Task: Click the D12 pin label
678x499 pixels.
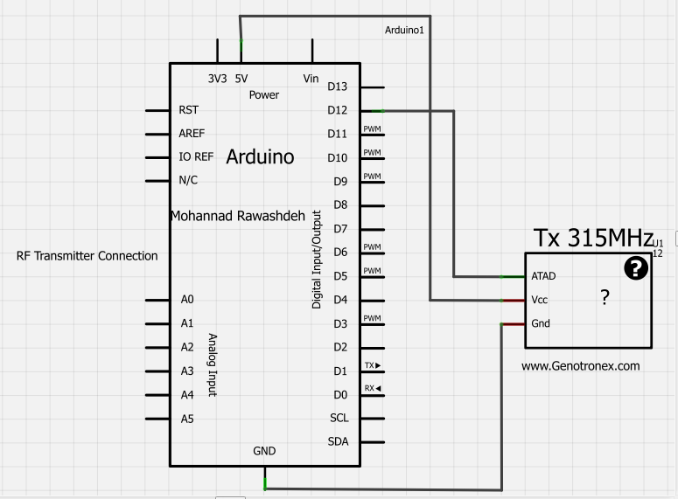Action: pyautogui.click(x=337, y=110)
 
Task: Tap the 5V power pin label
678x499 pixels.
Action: pyautogui.click(x=241, y=78)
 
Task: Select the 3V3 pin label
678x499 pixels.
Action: pyautogui.click(x=217, y=78)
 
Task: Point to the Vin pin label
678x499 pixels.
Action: pyautogui.click(x=311, y=78)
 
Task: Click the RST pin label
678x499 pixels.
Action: pyautogui.click(x=188, y=110)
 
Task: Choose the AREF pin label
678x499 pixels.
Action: pyautogui.click(x=192, y=134)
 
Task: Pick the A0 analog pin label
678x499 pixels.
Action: pyautogui.click(x=187, y=299)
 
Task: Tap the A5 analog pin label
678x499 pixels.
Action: pyautogui.click(x=187, y=419)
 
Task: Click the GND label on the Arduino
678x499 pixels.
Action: pyautogui.click(x=264, y=451)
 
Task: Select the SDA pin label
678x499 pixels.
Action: pyautogui.click(x=338, y=441)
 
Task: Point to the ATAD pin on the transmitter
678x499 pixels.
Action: pyautogui.click(x=543, y=276)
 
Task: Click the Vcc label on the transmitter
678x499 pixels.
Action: pyautogui.click(x=541, y=300)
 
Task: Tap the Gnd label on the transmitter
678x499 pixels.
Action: pyautogui.click(x=541, y=323)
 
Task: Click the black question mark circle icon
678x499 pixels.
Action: pyautogui.click(x=636, y=269)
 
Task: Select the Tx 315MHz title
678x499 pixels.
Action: pyautogui.click(x=593, y=238)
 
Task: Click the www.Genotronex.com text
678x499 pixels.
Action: pyautogui.click(x=581, y=366)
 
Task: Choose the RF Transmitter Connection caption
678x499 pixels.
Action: pyautogui.click(x=87, y=256)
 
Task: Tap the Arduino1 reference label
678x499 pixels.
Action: pyautogui.click(x=404, y=31)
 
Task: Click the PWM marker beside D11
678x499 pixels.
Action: pyautogui.click(x=373, y=129)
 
